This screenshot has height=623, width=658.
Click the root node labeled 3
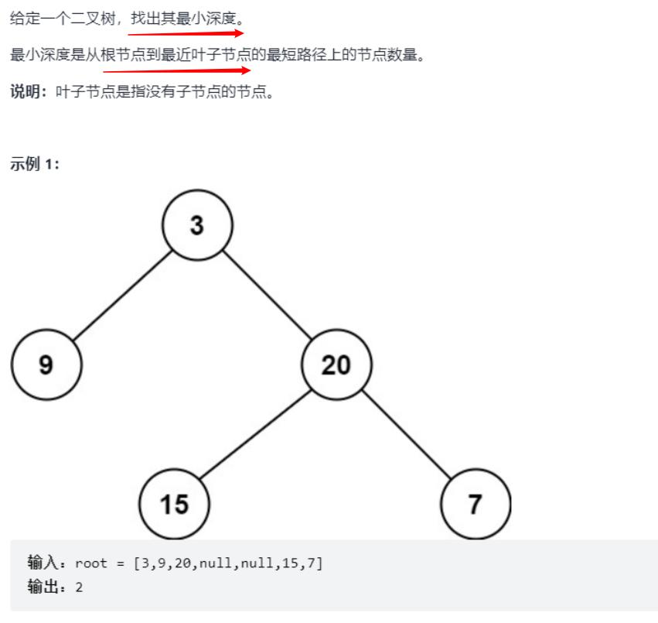coord(197,224)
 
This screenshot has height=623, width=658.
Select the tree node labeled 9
coord(46,365)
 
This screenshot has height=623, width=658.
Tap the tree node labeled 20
coord(336,365)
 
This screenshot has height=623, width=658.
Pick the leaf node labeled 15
coord(174,504)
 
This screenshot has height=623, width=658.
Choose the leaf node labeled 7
coord(476,504)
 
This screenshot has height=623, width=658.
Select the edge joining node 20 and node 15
coord(255,434)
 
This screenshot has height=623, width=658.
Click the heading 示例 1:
coord(34,164)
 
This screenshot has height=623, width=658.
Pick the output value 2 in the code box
coord(79,587)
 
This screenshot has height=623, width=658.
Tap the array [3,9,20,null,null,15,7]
coord(228,563)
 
